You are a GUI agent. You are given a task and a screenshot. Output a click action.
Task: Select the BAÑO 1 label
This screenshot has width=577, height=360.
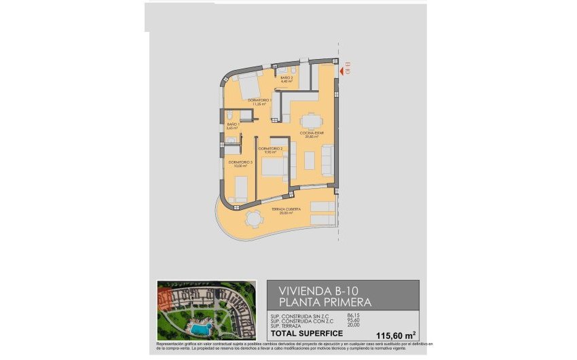point(232,125)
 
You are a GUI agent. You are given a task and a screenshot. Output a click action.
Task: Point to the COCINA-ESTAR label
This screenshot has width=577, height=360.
point(312,134)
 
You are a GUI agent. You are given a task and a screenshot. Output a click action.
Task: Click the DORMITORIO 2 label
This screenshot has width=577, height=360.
point(270,148)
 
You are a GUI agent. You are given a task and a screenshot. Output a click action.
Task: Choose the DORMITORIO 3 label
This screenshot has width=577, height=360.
point(240,163)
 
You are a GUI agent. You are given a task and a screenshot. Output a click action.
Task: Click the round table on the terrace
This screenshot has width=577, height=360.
point(253,219)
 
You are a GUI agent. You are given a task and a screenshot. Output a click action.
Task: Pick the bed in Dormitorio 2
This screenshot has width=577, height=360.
point(274,166)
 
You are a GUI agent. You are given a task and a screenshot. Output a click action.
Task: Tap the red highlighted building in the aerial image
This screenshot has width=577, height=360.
point(165,297)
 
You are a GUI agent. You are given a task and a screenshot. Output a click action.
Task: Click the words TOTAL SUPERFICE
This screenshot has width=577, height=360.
point(303,334)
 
